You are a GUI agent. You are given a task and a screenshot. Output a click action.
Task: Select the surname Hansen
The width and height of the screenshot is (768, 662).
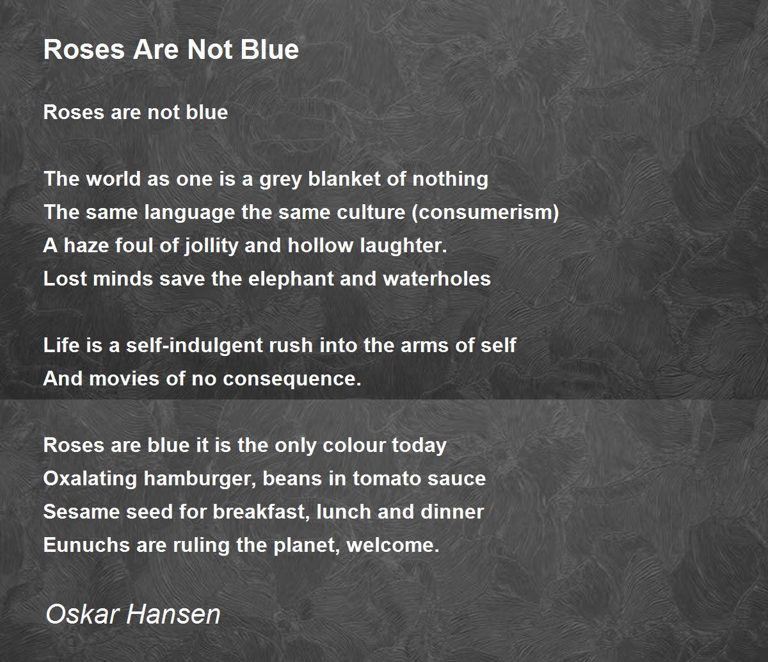tap(173, 614)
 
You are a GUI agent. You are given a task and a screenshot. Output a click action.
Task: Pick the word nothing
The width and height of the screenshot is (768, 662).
tap(451, 180)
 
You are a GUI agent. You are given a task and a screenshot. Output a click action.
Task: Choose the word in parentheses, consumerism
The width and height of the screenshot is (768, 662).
tap(485, 213)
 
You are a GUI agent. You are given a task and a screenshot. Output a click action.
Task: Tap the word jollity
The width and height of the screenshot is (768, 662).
tap(211, 246)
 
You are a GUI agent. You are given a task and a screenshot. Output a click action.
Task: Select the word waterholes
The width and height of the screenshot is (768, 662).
tap(436, 279)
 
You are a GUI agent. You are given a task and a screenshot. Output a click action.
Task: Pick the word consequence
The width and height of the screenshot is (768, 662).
tap(292, 380)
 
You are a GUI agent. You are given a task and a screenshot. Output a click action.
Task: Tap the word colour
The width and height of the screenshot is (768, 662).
tap(354, 446)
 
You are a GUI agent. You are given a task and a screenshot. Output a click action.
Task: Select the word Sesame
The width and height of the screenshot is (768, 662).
tap(81, 512)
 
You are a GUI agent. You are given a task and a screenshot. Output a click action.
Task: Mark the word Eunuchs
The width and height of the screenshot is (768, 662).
tap(86, 545)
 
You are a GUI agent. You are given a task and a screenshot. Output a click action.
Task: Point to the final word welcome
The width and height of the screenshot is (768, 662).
tap(393, 545)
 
